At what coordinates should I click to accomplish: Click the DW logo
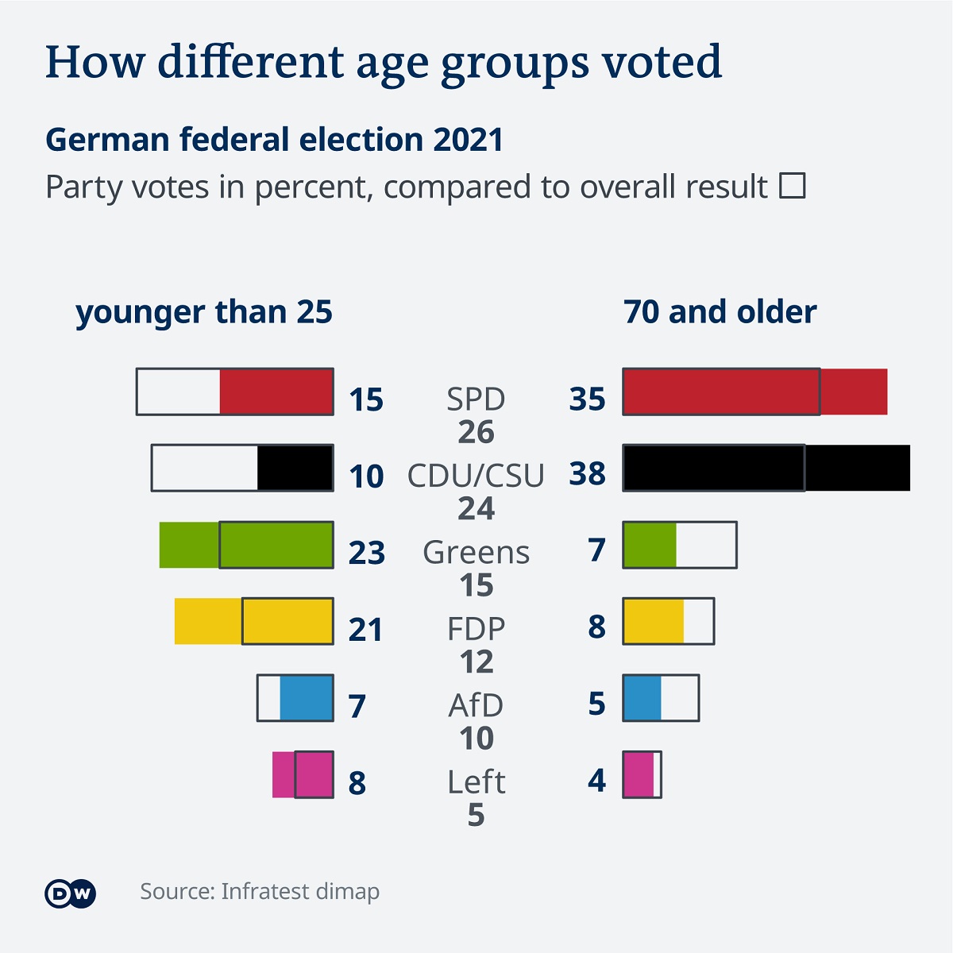pos(70,893)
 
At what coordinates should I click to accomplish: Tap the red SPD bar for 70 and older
pos(754,392)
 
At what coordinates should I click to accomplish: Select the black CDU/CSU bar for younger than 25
pos(295,468)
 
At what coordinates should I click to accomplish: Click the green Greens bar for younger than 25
pos(246,545)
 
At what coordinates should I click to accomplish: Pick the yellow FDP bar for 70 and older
pos(653,621)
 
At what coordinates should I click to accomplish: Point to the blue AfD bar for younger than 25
pos(307,698)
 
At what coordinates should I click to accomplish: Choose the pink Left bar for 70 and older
pos(639,775)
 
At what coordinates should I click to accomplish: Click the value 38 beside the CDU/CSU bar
pos(588,473)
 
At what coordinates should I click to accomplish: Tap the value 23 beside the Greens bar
pos(367,553)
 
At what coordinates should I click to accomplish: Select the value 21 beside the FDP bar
pos(366,630)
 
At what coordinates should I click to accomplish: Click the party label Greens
pos(476,552)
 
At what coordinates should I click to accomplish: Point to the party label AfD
pos(476,705)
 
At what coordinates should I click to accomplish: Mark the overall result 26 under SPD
pos(476,432)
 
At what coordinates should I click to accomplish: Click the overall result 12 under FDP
pos(476,662)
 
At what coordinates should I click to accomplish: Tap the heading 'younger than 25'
pos(204,312)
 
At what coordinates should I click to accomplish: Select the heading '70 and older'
pos(720,312)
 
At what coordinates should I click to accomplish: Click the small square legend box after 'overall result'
pos(793,186)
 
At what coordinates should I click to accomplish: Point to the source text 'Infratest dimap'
pos(300,891)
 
